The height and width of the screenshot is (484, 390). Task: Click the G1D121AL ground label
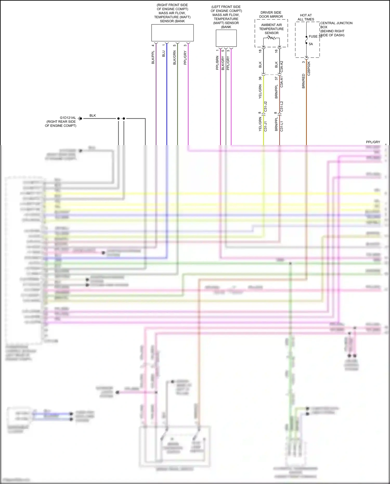pyautogui.click(x=68, y=118)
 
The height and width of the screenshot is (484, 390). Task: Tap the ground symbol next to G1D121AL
pyautogui.click(x=80, y=119)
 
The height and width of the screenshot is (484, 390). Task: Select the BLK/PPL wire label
pyautogui.click(x=153, y=57)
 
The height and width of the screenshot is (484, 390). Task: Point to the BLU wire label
pyautogui.click(x=164, y=54)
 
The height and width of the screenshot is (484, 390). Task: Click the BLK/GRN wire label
pyautogui.click(x=174, y=58)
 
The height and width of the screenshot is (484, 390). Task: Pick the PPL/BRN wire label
pyautogui.click(x=217, y=63)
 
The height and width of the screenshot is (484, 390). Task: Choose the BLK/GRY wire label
pyautogui.click(x=223, y=63)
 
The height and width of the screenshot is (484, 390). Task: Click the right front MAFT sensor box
pyautogui.click(x=172, y=33)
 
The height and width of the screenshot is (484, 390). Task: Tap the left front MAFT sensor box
pyautogui.click(x=226, y=38)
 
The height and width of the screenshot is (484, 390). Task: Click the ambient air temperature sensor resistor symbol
pyautogui.click(x=271, y=38)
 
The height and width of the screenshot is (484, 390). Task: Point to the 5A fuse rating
pyautogui.click(x=311, y=44)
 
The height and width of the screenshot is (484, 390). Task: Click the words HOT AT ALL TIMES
pyautogui.click(x=306, y=17)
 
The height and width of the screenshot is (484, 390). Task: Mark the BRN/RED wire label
pyautogui.click(x=303, y=81)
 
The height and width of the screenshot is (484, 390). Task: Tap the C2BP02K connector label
pyautogui.click(x=309, y=69)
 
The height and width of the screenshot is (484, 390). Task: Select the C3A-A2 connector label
pyautogui.click(x=282, y=67)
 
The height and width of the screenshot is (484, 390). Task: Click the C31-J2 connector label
pyautogui.click(x=266, y=107)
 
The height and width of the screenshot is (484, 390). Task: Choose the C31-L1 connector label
pyautogui.click(x=282, y=126)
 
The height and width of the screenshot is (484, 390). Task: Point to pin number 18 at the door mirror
pyautogui.click(x=260, y=51)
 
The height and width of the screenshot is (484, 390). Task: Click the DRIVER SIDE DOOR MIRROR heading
pyautogui.click(x=271, y=15)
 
